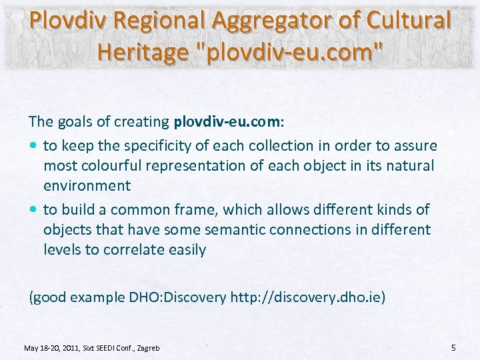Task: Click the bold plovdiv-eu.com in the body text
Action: pos(229,123)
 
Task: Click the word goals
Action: pos(71,123)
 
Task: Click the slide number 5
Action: pos(453,347)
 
